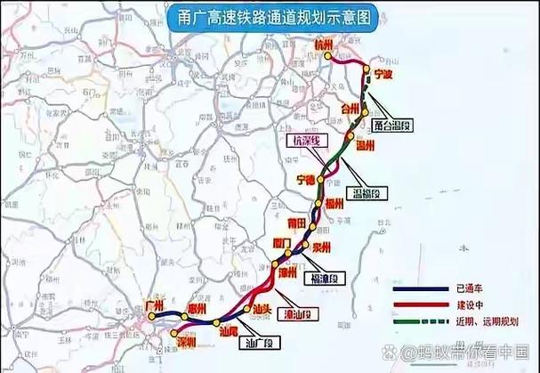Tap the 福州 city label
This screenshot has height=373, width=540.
coord(334,204)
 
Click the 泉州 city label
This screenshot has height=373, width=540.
coord(321,247)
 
